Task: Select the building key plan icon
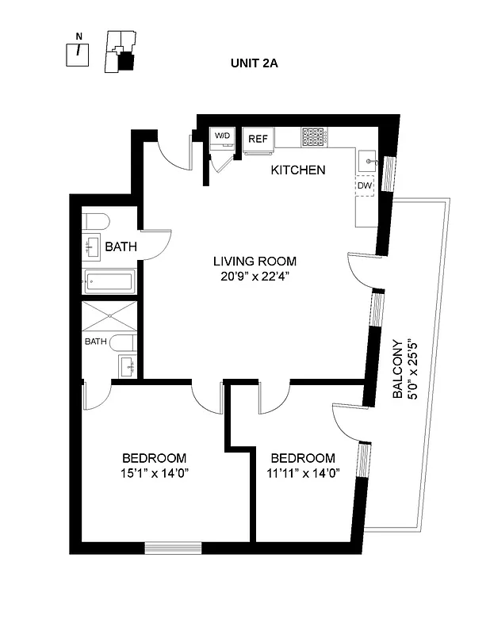click(121, 53)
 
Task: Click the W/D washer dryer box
click(221, 136)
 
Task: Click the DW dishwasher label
click(364, 185)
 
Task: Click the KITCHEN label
click(297, 170)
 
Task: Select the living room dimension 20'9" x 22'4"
click(255, 277)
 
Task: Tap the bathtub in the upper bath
click(109, 281)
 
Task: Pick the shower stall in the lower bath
click(109, 317)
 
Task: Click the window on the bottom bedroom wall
click(173, 547)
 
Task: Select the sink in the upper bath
click(92, 246)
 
